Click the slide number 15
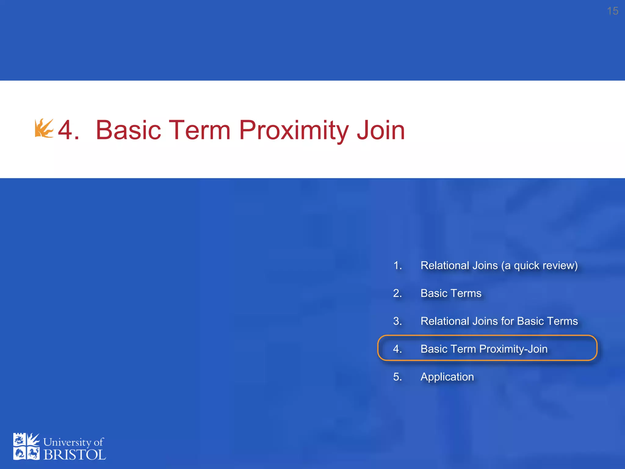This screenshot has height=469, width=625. (x=612, y=11)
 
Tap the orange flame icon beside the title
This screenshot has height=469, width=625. (x=44, y=128)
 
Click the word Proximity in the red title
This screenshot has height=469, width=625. (x=294, y=130)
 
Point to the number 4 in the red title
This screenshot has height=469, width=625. (x=66, y=130)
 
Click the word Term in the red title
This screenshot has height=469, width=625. (x=199, y=130)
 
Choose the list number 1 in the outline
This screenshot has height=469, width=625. (x=397, y=266)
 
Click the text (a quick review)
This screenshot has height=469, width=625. (x=540, y=266)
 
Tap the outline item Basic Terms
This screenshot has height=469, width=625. (x=451, y=293)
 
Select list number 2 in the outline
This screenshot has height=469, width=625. (x=397, y=293)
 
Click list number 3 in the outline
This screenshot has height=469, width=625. (x=397, y=321)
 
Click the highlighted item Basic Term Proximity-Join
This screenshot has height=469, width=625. (x=484, y=349)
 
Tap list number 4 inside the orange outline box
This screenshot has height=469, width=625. (x=397, y=349)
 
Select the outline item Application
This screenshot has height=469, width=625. (x=447, y=377)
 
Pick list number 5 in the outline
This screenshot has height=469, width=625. (x=397, y=377)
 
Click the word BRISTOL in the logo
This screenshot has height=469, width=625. (x=75, y=455)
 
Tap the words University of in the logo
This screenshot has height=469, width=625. (x=73, y=442)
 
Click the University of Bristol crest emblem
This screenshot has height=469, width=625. (x=26, y=446)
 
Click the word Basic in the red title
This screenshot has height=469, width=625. (x=128, y=130)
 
